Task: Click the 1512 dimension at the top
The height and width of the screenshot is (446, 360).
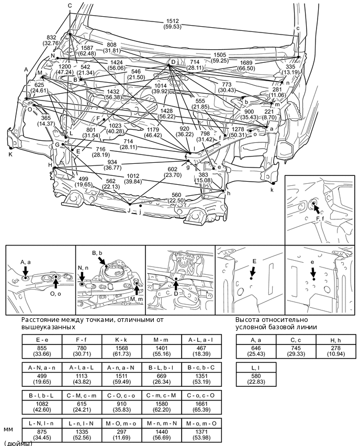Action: click(x=172, y=21)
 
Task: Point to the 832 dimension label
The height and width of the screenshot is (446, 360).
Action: click(x=51, y=38)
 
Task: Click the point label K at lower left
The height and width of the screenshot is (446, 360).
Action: click(x=10, y=154)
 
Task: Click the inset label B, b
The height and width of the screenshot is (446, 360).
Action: click(x=97, y=253)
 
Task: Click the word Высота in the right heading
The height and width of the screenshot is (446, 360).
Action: click(x=248, y=319)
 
